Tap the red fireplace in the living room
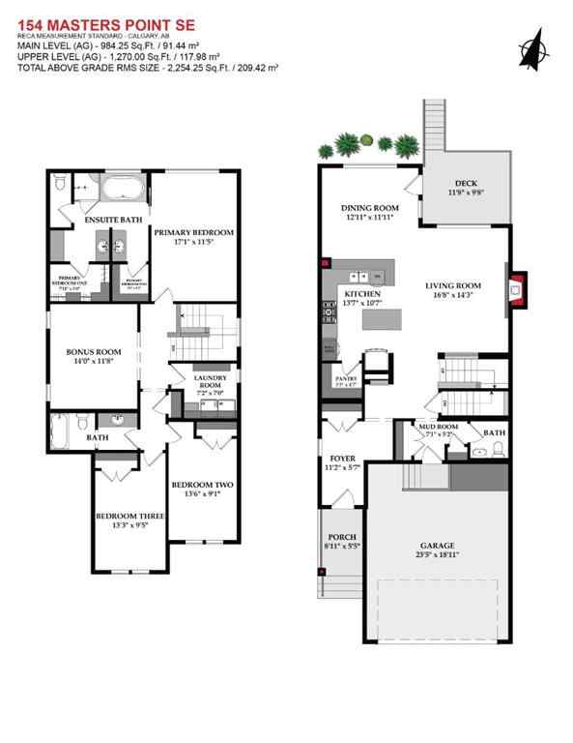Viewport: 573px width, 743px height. coord(517,287)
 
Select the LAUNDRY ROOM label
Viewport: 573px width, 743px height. coord(209,378)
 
